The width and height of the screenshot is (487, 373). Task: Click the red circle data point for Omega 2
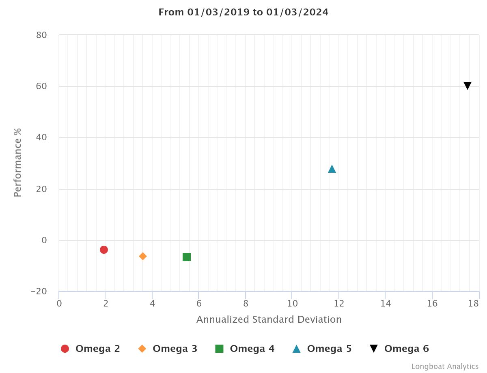[x=104, y=249]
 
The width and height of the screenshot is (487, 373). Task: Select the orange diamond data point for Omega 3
[x=143, y=256]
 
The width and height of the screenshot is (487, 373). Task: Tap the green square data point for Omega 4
[x=187, y=257]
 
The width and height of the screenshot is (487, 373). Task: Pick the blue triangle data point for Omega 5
[x=332, y=169]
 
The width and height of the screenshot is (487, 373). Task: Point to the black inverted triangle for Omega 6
[x=468, y=86]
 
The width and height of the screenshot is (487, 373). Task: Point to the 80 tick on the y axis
[x=42, y=35]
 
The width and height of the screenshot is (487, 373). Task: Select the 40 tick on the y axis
[x=42, y=137]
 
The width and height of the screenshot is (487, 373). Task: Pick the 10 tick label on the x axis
[x=292, y=303]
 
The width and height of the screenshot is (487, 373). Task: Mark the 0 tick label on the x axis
[x=59, y=303]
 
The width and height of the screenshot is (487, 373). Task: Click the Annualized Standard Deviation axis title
[x=269, y=319]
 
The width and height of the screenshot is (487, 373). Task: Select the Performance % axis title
[x=17, y=163]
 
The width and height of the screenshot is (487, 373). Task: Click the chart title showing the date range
[x=243, y=12]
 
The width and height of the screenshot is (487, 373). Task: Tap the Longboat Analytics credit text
[x=445, y=367]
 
